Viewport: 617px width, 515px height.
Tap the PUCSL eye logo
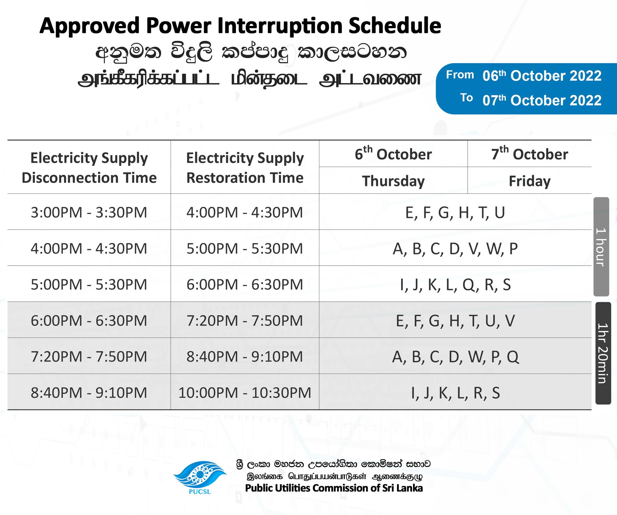[x=200, y=475]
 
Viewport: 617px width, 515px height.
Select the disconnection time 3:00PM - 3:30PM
[x=89, y=212]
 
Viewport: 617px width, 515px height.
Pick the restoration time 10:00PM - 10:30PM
[x=245, y=393]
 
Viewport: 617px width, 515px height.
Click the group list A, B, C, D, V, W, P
[x=455, y=249]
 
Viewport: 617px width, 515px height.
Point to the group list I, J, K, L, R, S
[x=456, y=393]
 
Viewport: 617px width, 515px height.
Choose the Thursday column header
[x=393, y=181]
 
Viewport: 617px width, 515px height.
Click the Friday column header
[x=530, y=181]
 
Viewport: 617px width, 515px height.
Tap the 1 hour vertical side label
[x=601, y=247]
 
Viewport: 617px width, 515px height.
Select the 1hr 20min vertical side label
[x=603, y=353]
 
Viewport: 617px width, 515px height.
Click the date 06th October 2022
[x=542, y=76]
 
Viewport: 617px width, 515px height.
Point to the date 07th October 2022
[x=542, y=100]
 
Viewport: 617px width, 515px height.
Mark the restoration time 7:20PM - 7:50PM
[x=245, y=321]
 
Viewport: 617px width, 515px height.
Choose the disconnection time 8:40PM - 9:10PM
[x=89, y=393]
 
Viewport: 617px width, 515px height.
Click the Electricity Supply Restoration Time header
[x=245, y=168]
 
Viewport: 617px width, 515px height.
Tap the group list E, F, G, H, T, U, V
[x=455, y=321]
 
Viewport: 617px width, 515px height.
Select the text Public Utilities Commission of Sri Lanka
[x=334, y=488]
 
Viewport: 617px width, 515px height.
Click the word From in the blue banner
[x=460, y=75]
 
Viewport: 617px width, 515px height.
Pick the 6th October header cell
[x=393, y=154]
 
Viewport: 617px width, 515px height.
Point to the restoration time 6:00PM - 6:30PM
[x=245, y=285]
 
